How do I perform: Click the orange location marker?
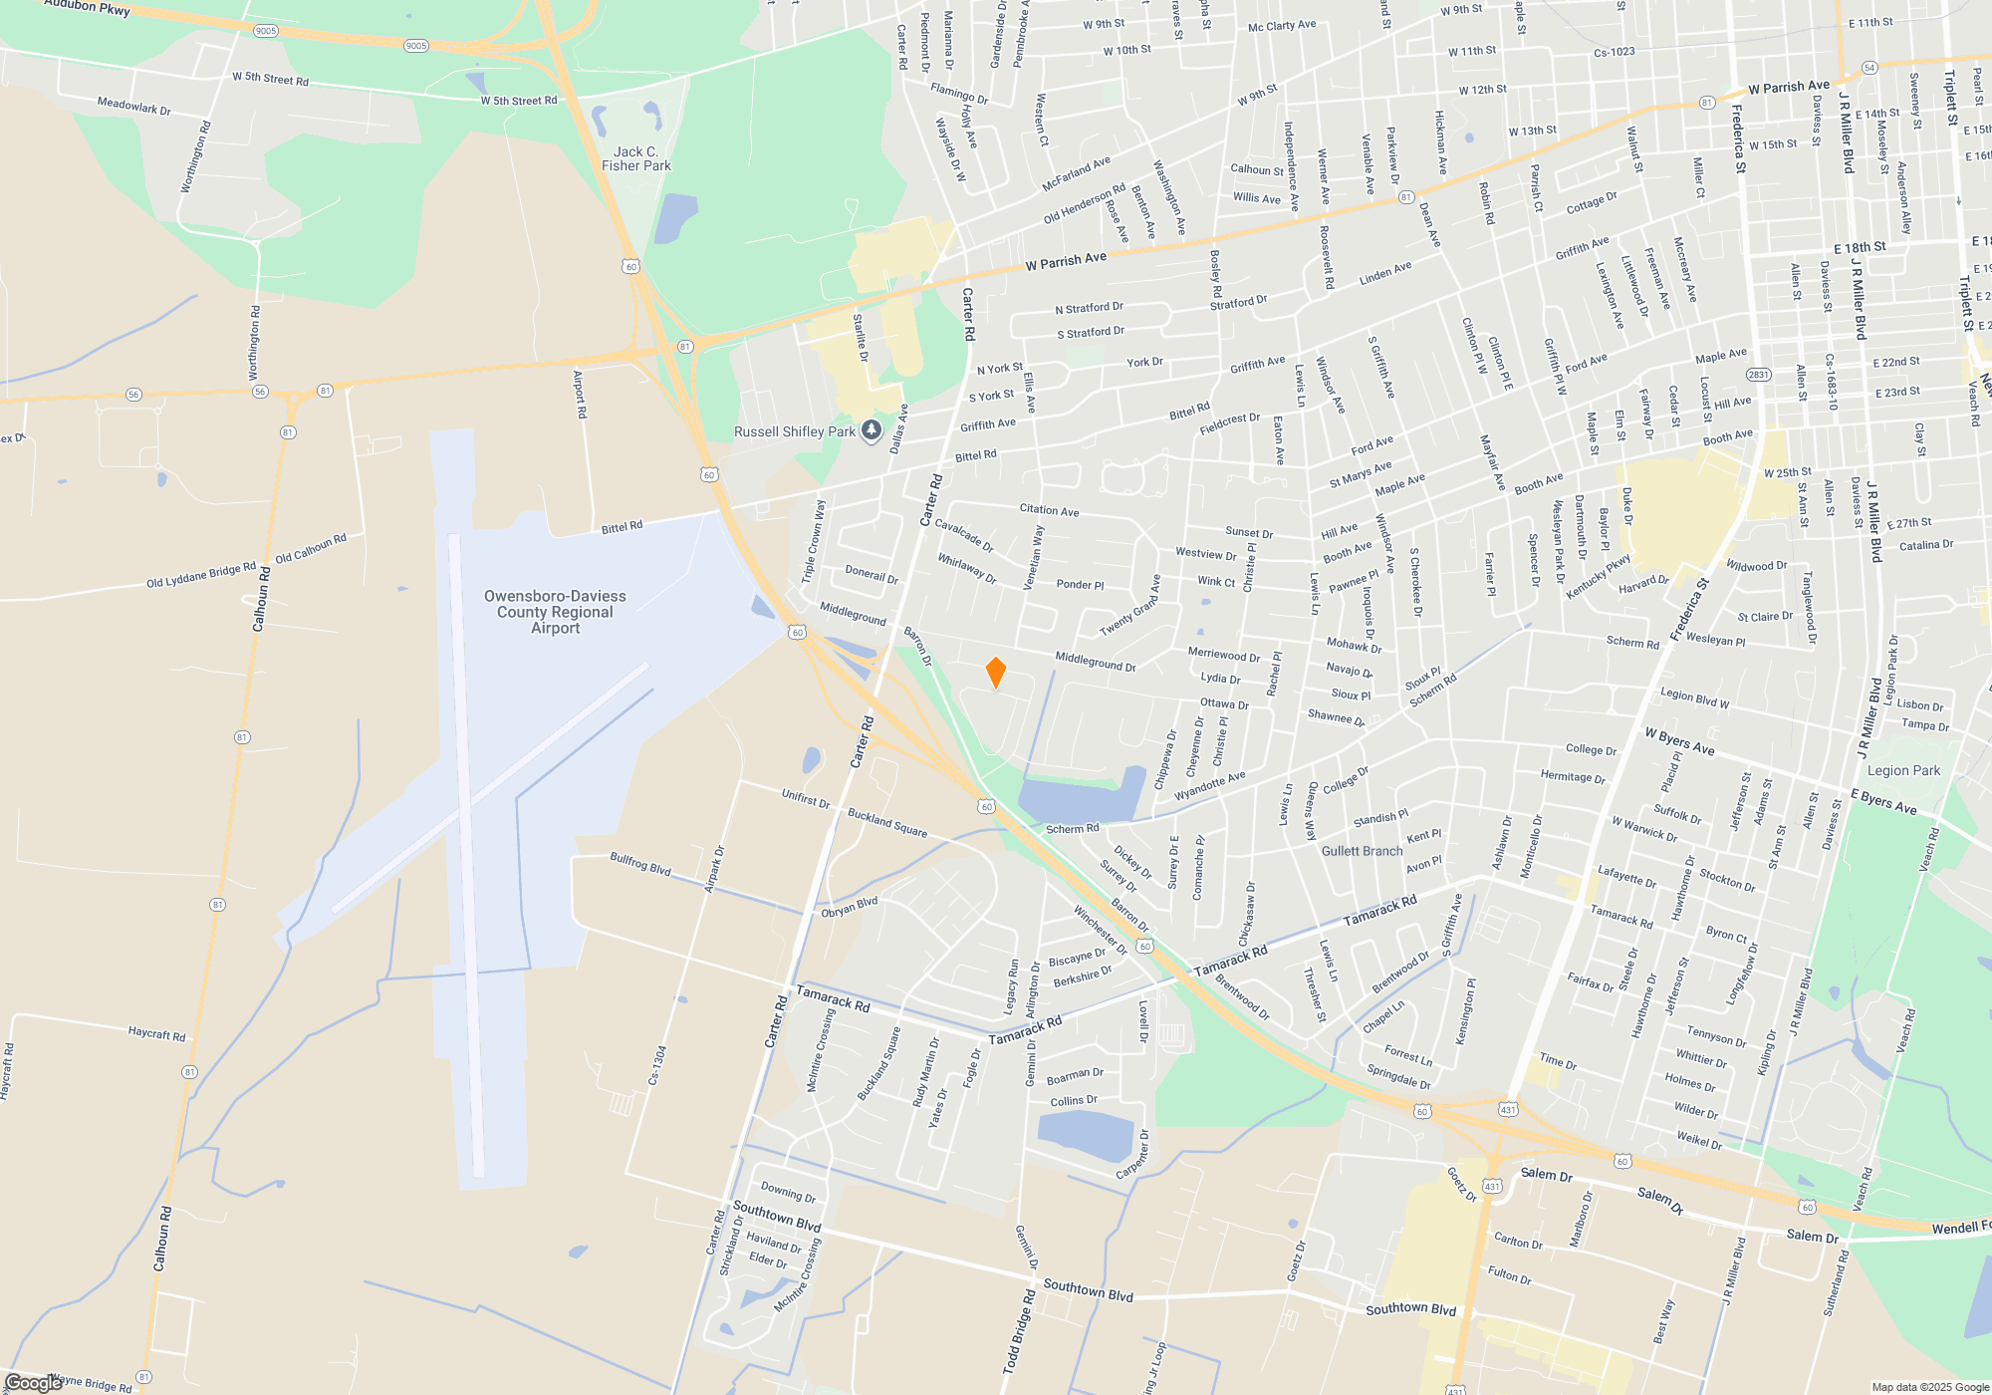[x=995, y=673]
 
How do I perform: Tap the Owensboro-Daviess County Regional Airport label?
[x=555, y=612]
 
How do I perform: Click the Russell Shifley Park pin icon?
[x=871, y=430]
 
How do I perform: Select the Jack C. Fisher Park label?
[x=636, y=159]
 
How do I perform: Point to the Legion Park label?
[x=1903, y=770]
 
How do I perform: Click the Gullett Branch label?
[x=1362, y=851]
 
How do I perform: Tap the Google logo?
[x=32, y=1383]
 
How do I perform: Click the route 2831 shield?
[x=1759, y=375]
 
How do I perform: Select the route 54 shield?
[x=1869, y=68]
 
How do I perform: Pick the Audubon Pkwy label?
[x=88, y=8]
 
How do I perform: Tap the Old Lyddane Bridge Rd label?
[x=201, y=576]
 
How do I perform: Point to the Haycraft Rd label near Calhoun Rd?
[x=156, y=1034]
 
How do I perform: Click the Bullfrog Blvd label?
[x=640, y=864]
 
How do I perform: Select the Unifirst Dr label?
[x=806, y=798]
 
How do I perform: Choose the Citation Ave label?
[x=1049, y=510]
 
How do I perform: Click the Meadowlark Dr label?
[x=133, y=106]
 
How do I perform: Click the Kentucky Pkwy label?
[x=1599, y=577]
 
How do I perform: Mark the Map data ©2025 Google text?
[x=1930, y=1387]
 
